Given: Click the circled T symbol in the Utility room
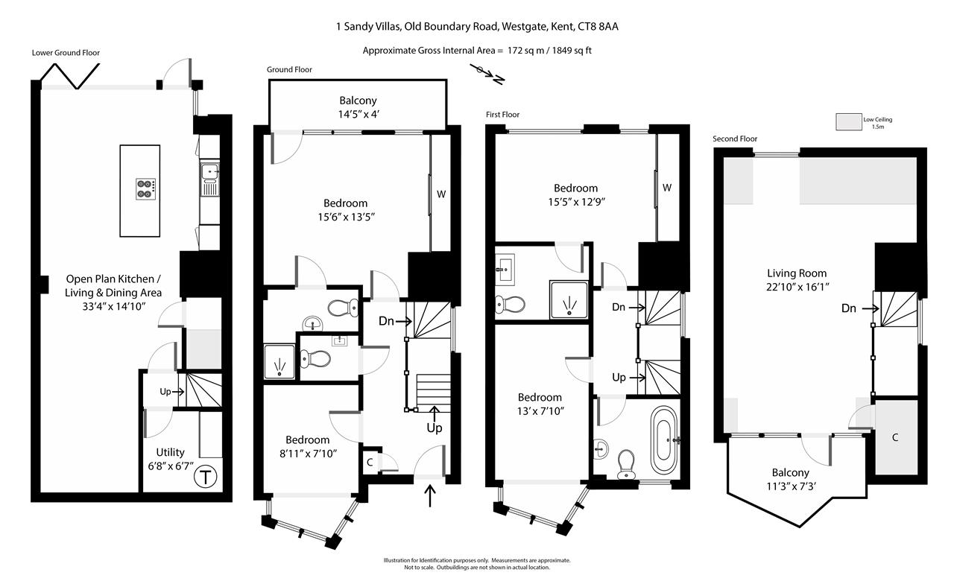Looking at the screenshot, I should coord(204,477).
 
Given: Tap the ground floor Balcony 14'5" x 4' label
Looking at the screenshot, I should coord(358,107).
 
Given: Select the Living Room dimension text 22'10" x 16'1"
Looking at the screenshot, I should coord(797,286).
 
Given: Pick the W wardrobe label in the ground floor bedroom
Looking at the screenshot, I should coord(441,194).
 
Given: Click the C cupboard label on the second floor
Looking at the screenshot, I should coord(895,438).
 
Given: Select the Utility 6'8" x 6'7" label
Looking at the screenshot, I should coord(170,459).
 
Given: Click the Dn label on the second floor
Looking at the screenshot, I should coord(848,308).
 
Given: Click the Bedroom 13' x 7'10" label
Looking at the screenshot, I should coord(540,404).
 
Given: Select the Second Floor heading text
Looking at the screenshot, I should coord(735,139).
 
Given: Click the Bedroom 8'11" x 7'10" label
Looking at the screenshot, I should coord(307,446).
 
